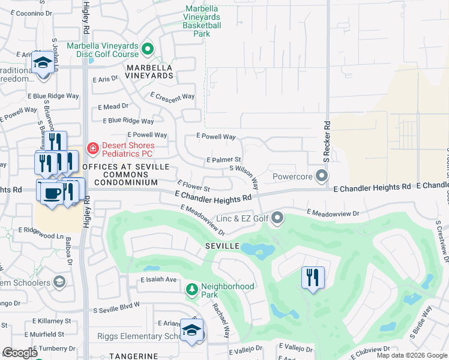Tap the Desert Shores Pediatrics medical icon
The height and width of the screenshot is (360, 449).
(x=93, y=148)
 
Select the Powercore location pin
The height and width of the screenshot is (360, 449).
(x=322, y=176)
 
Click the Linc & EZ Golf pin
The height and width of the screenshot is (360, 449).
(x=277, y=218)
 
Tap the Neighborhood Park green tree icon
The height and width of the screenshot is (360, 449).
(x=192, y=290)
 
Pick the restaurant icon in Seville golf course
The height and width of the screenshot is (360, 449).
(x=313, y=277)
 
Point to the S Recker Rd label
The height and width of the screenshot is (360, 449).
(x=327, y=142)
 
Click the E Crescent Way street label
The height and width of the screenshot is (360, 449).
(x=173, y=97)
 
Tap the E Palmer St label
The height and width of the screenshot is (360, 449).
(x=223, y=160)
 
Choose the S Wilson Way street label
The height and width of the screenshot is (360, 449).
(x=244, y=177)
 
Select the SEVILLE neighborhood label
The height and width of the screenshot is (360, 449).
(x=223, y=247)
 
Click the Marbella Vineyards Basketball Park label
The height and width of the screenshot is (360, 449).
(x=202, y=20)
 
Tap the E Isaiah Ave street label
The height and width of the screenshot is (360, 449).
(x=158, y=280)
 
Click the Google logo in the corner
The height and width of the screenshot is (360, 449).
(x=20, y=353)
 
